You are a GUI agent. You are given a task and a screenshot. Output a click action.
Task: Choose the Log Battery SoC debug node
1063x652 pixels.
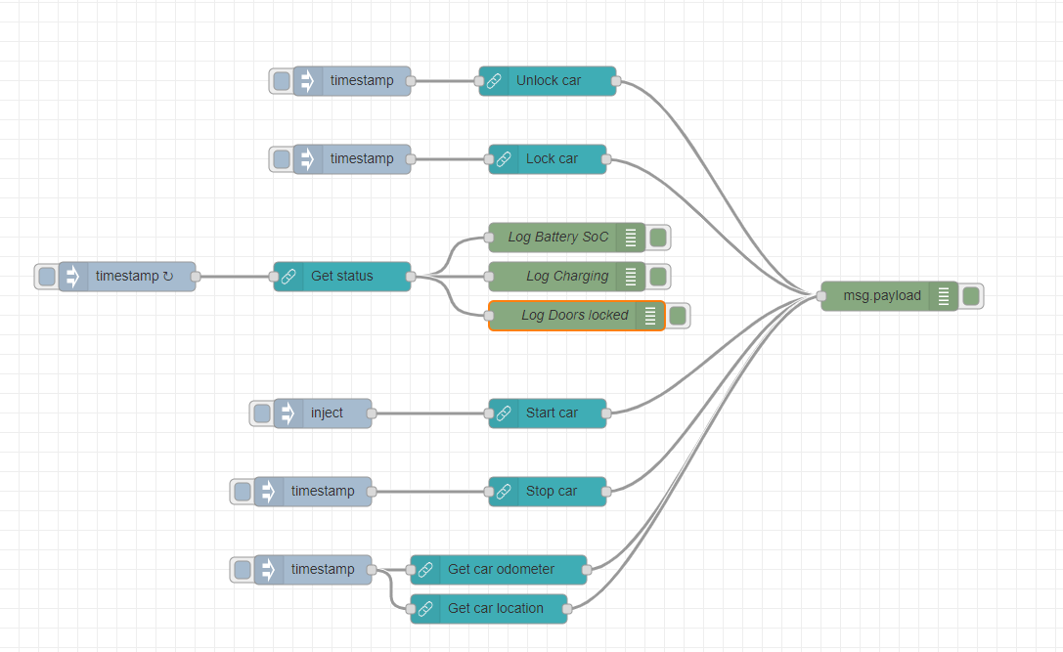tap(557, 238)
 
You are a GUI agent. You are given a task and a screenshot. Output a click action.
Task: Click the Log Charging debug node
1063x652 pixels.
tap(565, 277)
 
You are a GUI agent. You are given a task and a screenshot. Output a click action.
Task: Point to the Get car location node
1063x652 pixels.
tap(497, 609)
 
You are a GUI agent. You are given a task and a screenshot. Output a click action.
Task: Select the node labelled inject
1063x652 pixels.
tap(328, 413)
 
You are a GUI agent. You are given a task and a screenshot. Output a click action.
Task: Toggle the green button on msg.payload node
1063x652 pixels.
tap(971, 296)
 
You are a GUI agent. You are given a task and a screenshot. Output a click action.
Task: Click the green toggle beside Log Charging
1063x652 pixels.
tap(658, 277)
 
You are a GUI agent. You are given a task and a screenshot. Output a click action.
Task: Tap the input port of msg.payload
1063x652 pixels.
tap(821, 296)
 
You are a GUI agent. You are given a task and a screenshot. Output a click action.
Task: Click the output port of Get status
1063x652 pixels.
tap(411, 277)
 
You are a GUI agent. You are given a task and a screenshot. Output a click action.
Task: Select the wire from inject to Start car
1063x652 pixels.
tap(430, 413)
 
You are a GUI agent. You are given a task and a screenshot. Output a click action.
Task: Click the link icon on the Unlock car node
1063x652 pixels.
tap(495, 81)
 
